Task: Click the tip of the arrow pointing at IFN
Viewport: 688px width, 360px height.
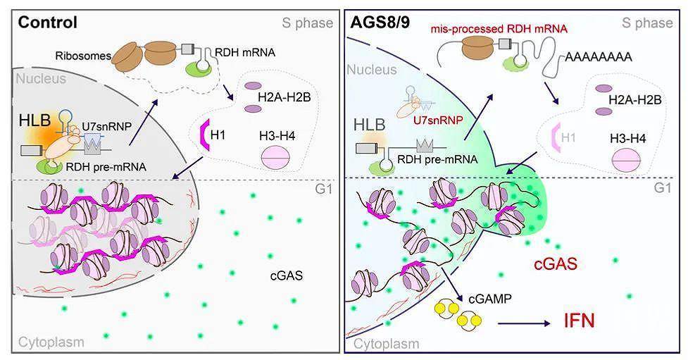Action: tap(550, 324)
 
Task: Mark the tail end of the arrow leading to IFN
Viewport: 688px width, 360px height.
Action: tap(499, 324)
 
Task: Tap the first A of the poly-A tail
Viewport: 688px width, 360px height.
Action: tap(570, 57)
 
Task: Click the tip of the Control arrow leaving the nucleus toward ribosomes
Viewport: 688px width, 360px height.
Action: tap(158, 99)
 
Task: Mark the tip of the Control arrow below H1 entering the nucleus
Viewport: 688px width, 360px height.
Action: tap(172, 179)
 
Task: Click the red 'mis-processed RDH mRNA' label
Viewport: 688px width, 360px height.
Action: tap(499, 29)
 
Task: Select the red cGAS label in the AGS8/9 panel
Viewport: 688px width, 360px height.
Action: tap(555, 264)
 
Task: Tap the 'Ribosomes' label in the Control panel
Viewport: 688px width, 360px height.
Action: tap(83, 56)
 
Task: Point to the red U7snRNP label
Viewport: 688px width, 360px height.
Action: tap(439, 120)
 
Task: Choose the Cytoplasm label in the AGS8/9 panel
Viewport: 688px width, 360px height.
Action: tap(386, 344)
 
